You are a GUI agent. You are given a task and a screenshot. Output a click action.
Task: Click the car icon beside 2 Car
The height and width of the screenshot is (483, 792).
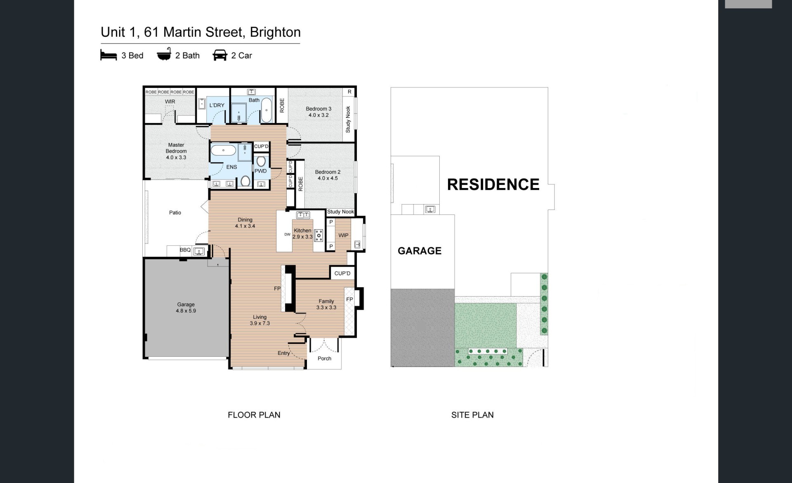[x=220, y=55]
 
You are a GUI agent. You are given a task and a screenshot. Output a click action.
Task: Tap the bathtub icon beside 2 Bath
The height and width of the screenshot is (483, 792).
[x=164, y=54]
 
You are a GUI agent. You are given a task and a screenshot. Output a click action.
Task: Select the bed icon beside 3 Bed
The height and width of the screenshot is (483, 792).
[x=108, y=55]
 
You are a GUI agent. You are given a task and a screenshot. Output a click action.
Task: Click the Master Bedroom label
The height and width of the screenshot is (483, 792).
[x=176, y=151]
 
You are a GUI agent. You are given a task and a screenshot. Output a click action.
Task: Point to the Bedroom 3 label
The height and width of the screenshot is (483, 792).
[x=318, y=112]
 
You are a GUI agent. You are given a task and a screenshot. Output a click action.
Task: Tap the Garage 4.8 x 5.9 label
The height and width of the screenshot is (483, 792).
[x=186, y=308]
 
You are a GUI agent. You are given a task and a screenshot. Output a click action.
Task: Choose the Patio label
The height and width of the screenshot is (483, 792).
[x=175, y=212]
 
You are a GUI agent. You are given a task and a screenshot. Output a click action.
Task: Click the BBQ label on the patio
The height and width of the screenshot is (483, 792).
[x=185, y=250]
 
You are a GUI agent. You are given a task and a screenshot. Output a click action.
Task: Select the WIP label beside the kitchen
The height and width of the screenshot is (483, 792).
[x=343, y=236]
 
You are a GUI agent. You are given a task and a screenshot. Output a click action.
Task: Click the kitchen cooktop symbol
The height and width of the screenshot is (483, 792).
[x=318, y=236]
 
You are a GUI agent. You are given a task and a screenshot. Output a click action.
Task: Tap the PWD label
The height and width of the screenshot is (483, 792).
[x=261, y=171]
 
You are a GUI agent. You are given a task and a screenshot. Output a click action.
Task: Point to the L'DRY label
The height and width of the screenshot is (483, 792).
[x=217, y=105]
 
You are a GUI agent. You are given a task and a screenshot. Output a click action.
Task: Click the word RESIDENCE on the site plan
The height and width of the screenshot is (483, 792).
[x=493, y=184]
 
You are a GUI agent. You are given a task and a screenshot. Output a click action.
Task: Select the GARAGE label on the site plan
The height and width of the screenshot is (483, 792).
[x=420, y=251]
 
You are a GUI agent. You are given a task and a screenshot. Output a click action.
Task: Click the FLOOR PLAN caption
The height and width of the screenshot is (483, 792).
[x=254, y=415]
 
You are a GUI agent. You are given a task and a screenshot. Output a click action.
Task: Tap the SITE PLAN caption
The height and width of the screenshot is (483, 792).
[x=472, y=415]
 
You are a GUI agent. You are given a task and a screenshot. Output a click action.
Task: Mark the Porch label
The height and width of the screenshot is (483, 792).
[x=325, y=358]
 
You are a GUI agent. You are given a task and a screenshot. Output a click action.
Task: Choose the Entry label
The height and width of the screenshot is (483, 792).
[x=284, y=353]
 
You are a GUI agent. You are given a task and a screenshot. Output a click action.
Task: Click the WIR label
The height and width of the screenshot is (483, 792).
[x=170, y=101]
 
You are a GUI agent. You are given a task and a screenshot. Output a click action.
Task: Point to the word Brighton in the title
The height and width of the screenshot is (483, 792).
[x=275, y=32]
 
